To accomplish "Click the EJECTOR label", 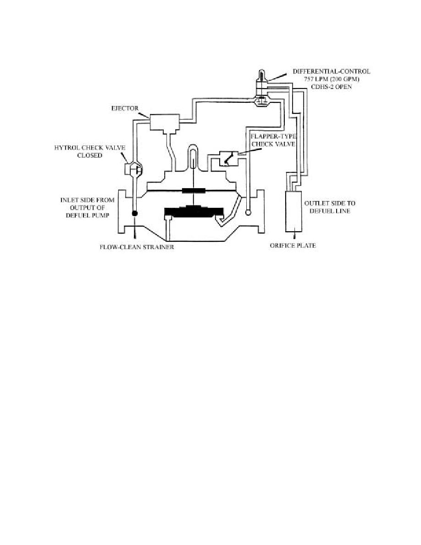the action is (125, 108).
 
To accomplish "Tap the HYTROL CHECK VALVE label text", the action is (90, 148).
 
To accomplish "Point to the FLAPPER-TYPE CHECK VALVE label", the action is (273, 140).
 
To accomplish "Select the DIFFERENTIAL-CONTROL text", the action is (332, 71).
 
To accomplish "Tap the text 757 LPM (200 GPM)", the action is (332, 79).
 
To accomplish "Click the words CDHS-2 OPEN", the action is (332, 87).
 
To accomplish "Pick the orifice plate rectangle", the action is (294, 211).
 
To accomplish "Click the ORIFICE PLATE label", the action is (293, 245).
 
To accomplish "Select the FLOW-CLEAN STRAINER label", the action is (137, 247).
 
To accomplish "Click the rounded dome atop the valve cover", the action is (194, 156).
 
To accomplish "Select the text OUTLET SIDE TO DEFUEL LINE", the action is (330, 207).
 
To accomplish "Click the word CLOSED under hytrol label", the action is (90, 156).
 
